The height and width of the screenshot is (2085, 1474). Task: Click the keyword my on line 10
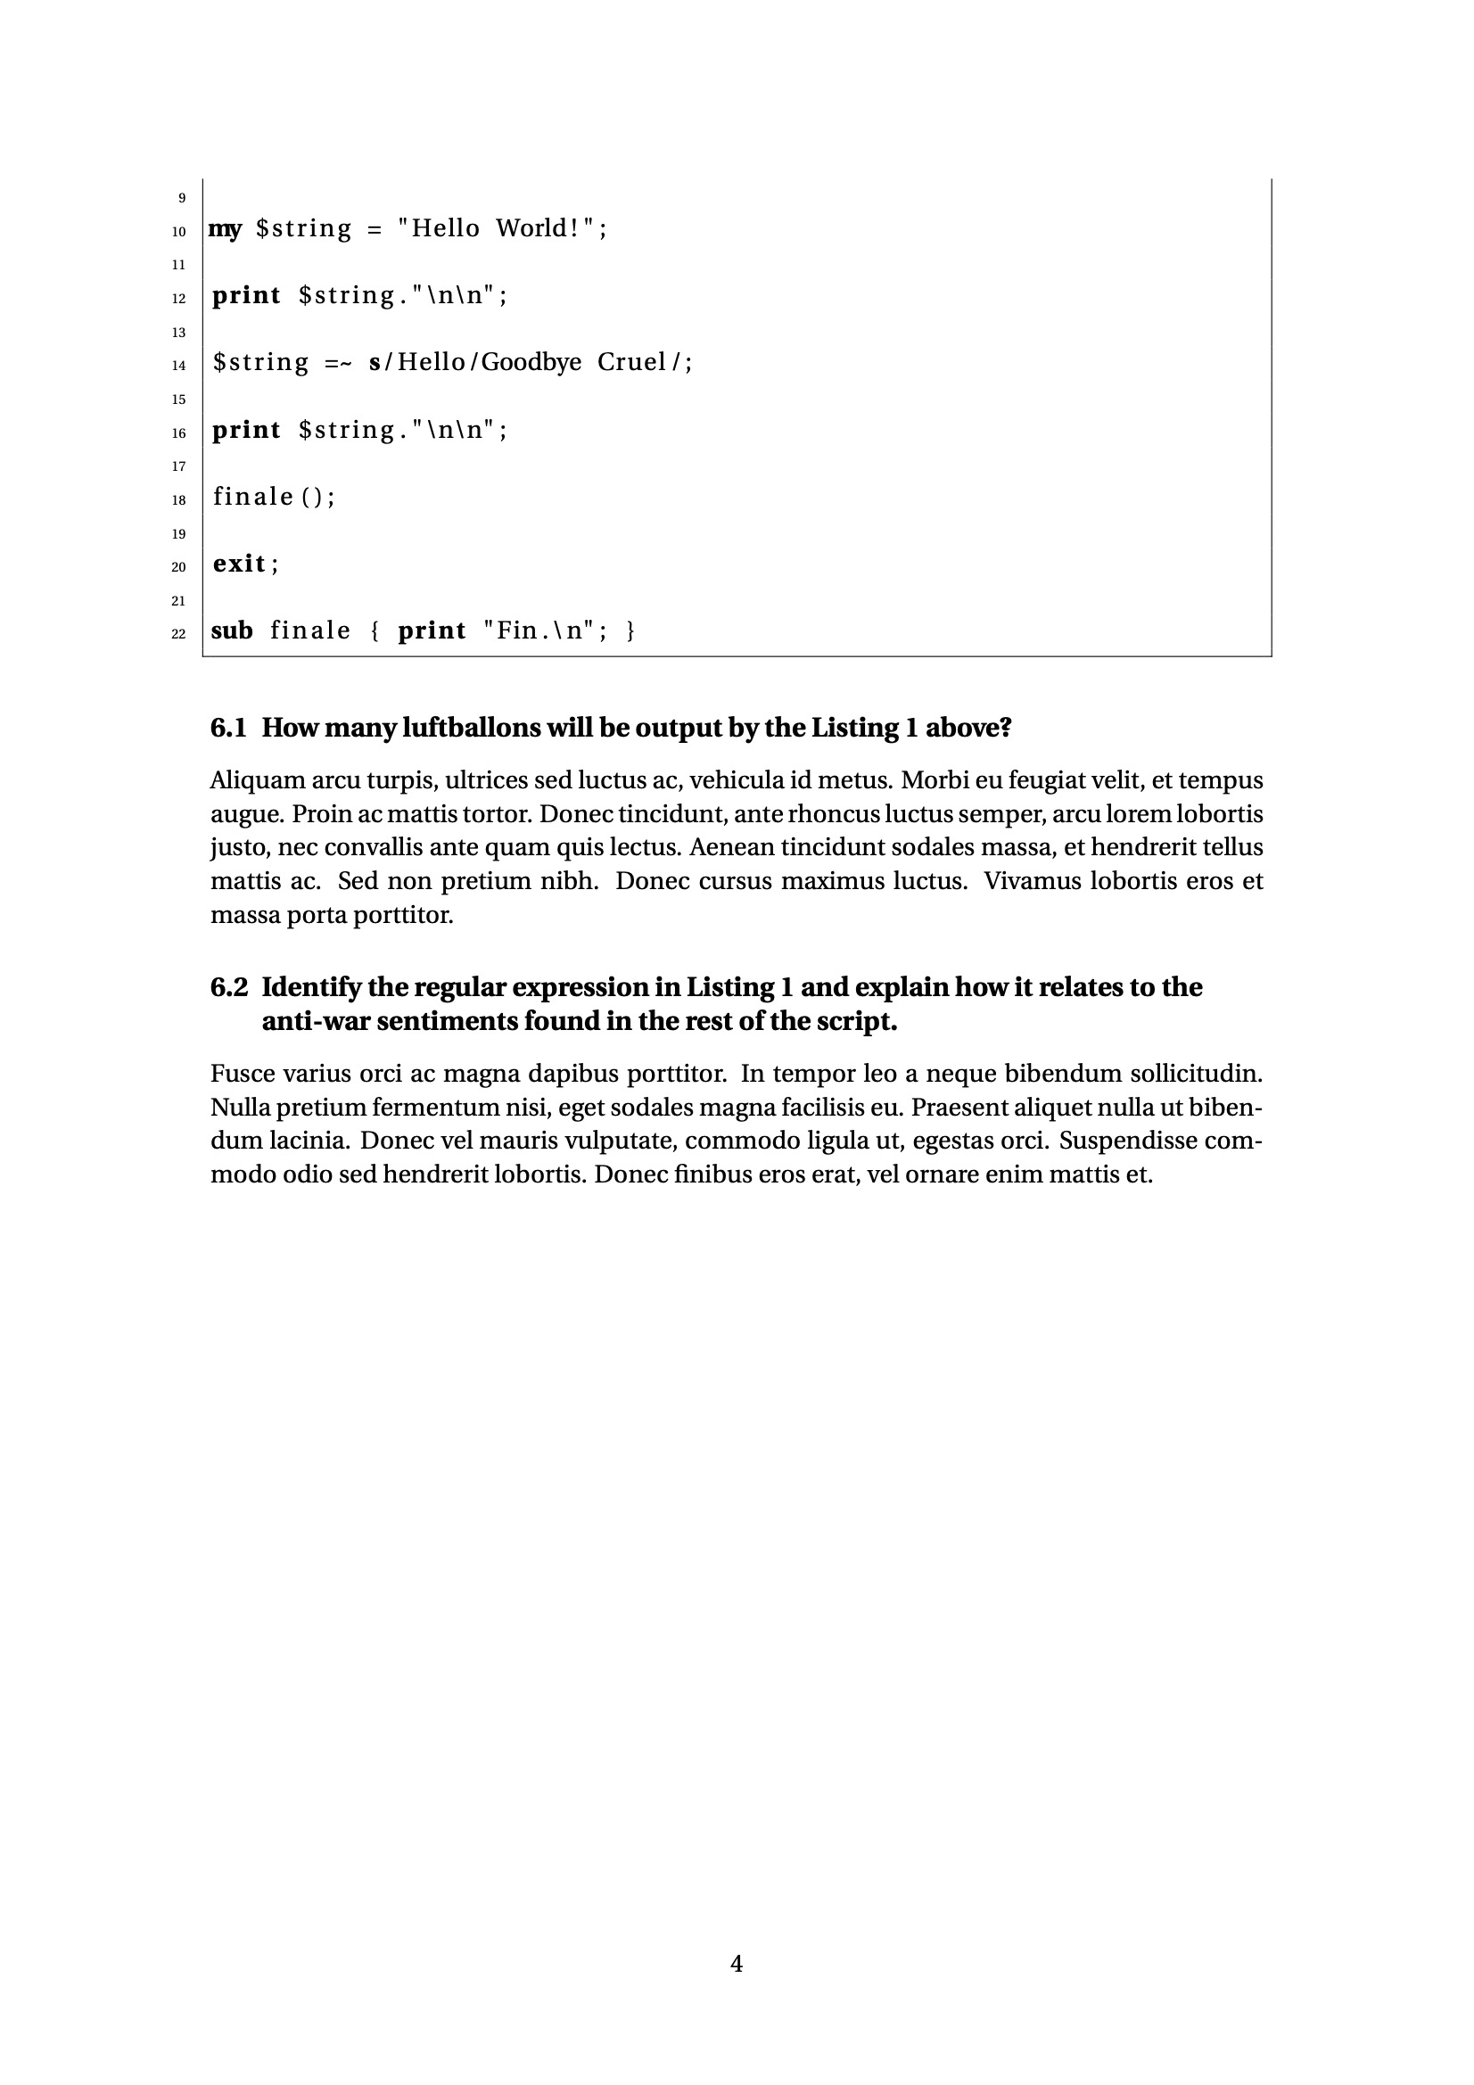click(x=226, y=229)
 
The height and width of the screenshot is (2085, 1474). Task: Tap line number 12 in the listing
click(x=179, y=299)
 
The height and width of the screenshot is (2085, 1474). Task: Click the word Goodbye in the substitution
click(x=531, y=362)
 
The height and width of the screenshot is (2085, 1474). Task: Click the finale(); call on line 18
click(x=274, y=497)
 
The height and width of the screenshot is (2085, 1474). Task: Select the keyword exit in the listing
click(x=240, y=564)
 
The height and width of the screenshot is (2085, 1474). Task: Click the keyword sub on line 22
click(x=232, y=631)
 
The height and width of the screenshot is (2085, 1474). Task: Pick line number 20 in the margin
click(x=179, y=567)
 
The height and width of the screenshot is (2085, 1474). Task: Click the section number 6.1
click(x=228, y=728)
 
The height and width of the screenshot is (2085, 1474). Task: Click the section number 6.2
click(x=229, y=987)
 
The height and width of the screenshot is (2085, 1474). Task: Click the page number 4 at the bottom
click(x=737, y=1965)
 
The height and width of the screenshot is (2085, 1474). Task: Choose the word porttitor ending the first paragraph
click(x=402, y=915)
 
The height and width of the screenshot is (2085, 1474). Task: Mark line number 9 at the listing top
click(x=182, y=199)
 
